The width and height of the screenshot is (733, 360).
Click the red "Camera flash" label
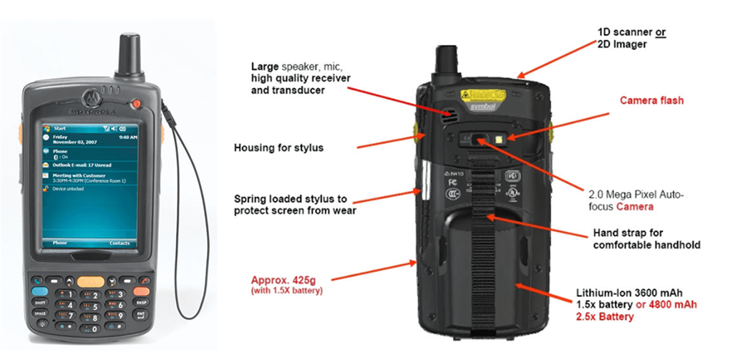651,100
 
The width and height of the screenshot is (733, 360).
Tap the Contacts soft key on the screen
120,243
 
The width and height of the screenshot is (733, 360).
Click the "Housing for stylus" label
278,148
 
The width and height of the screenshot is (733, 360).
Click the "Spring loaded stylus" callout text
295,204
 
